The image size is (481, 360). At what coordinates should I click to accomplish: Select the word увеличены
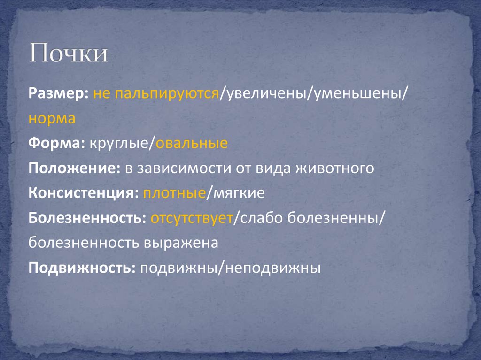[x=266, y=92]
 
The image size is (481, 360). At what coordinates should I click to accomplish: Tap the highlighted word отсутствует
[x=192, y=218]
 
